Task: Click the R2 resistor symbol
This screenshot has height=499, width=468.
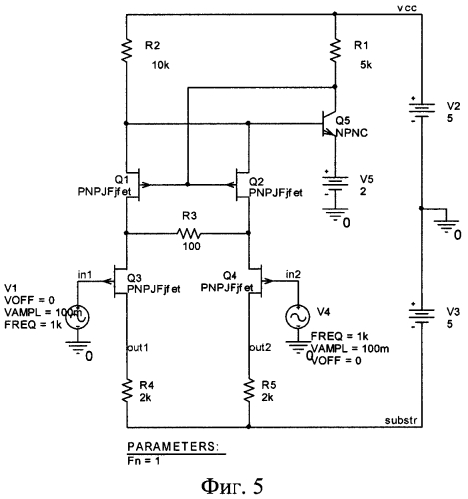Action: tap(126, 50)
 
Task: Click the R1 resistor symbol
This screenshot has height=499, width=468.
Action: tap(335, 50)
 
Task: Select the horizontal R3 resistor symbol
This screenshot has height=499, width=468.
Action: tap(189, 233)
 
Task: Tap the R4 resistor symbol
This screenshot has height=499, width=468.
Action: tap(127, 390)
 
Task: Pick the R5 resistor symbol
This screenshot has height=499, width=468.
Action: tap(249, 390)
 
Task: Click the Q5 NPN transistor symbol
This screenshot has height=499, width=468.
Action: tap(329, 124)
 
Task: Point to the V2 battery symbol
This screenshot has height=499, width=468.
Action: tap(421, 109)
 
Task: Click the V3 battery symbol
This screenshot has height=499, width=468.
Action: tap(421, 315)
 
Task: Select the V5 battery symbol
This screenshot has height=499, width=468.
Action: tap(335, 184)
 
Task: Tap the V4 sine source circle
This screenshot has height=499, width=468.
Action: tap(298, 317)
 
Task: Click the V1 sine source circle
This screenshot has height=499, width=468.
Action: tap(77, 317)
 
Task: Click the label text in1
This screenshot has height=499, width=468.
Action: tap(85, 275)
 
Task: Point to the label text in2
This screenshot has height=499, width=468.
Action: tap(293, 274)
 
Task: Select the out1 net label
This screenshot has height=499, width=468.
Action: tap(138, 347)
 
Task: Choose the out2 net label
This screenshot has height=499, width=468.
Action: tap(261, 347)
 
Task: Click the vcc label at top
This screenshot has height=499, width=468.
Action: tap(407, 7)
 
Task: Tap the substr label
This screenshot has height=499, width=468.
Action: tap(401, 420)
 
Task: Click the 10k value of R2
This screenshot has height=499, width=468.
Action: tap(161, 65)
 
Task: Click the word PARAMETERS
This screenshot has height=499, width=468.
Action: tap(173, 447)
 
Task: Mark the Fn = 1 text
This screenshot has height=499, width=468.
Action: tap(144, 461)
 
